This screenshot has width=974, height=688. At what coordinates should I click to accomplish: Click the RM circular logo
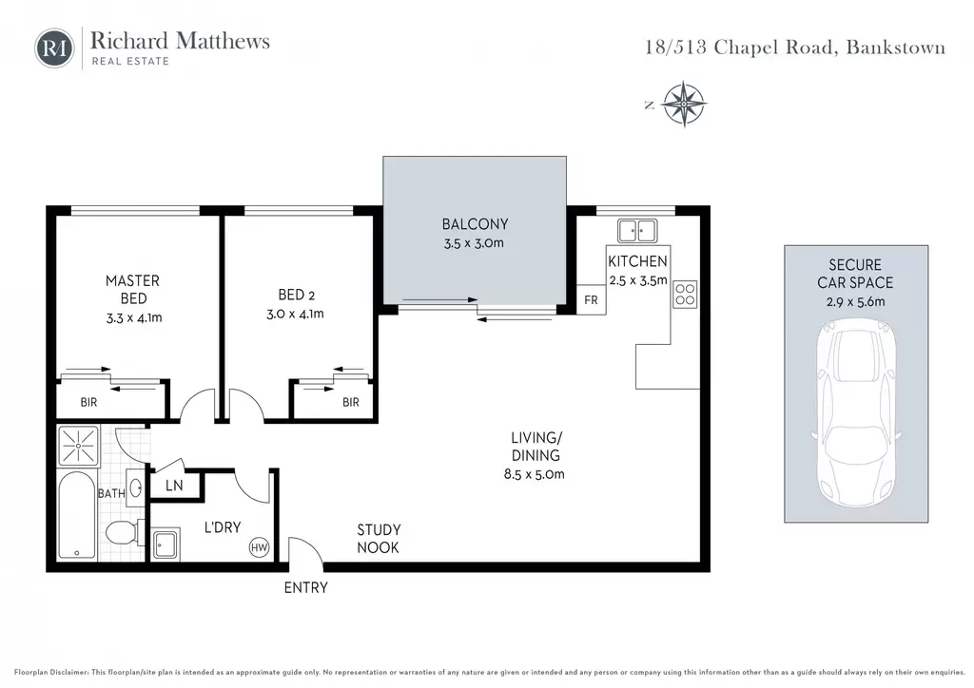(54, 48)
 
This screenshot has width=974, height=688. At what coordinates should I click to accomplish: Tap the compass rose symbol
(683, 104)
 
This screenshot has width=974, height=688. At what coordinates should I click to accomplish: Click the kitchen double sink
(637, 231)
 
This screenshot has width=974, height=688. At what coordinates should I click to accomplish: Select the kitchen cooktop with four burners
(685, 295)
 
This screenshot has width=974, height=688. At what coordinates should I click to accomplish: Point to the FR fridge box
(591, 299)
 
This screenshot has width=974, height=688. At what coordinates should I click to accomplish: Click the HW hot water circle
(259, 547)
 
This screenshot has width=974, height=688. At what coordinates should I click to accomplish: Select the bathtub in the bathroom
(77, 516)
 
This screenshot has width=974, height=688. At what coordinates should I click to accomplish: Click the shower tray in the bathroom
(78, 446)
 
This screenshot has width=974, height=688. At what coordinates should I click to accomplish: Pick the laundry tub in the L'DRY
(166, 545)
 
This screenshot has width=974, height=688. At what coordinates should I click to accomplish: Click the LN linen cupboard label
(174, 486)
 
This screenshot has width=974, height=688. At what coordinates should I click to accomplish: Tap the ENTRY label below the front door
(305, 587)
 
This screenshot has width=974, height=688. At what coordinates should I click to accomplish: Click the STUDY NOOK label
(379, 539)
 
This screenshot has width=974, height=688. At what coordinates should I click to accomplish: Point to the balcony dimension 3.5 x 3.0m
(474, 243)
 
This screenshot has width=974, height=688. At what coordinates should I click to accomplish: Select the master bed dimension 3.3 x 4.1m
(134, 317)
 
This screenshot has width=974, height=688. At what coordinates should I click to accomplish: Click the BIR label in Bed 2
(351, 402)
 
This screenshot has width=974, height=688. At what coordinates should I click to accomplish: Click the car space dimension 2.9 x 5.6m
(855, 302)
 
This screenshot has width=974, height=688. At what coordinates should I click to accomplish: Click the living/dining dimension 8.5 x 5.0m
(535, 474)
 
